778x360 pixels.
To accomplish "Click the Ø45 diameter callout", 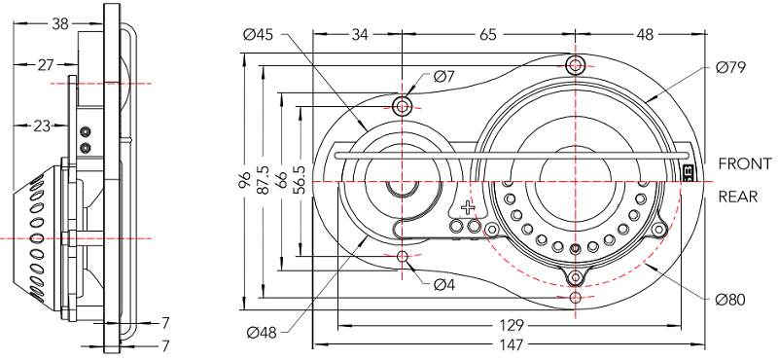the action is point(262,35).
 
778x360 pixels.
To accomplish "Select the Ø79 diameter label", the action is point(731,67).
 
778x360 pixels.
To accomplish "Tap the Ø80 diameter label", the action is point(730,300).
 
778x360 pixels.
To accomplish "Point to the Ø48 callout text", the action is point(262,332).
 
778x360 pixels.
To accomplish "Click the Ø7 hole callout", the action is point(444,77).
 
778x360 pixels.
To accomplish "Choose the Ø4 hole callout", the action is point(444,284).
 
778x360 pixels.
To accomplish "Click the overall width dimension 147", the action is point(512,344).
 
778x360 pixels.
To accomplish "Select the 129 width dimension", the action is point(512,326).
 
